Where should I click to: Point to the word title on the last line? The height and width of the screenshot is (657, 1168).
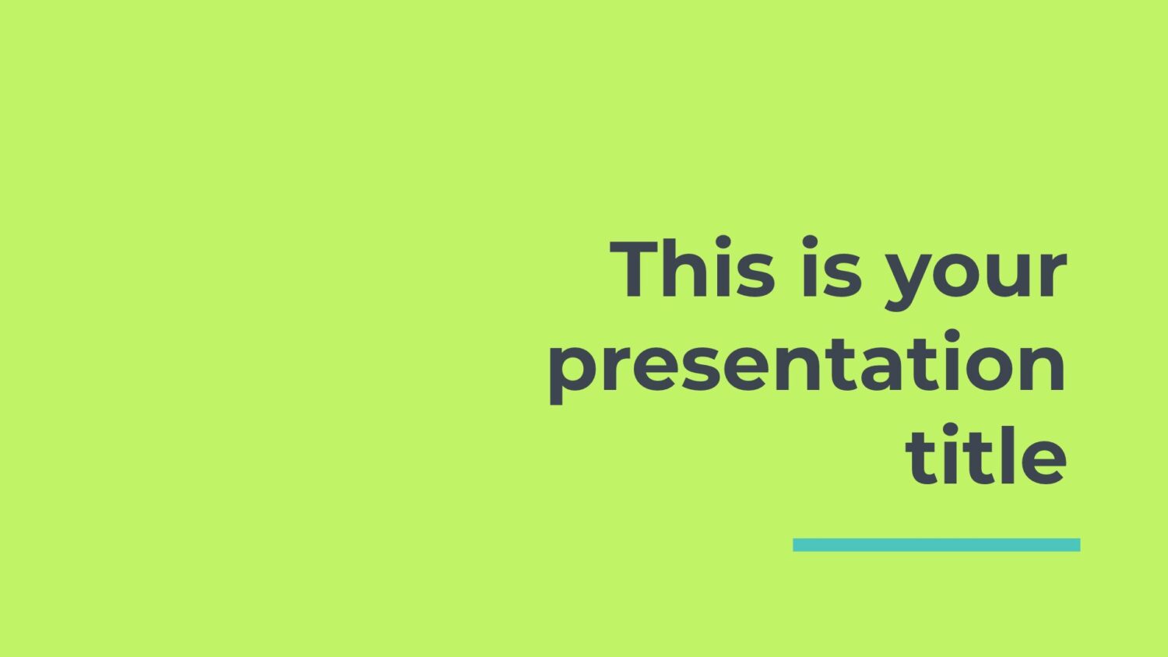coord(986,454)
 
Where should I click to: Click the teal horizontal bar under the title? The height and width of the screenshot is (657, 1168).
coord(937,545)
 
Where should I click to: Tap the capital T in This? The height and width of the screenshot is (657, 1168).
coord(634,269)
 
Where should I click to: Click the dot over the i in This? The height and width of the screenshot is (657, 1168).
coord(723,242)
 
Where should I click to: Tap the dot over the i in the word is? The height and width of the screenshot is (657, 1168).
coord(810,242)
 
